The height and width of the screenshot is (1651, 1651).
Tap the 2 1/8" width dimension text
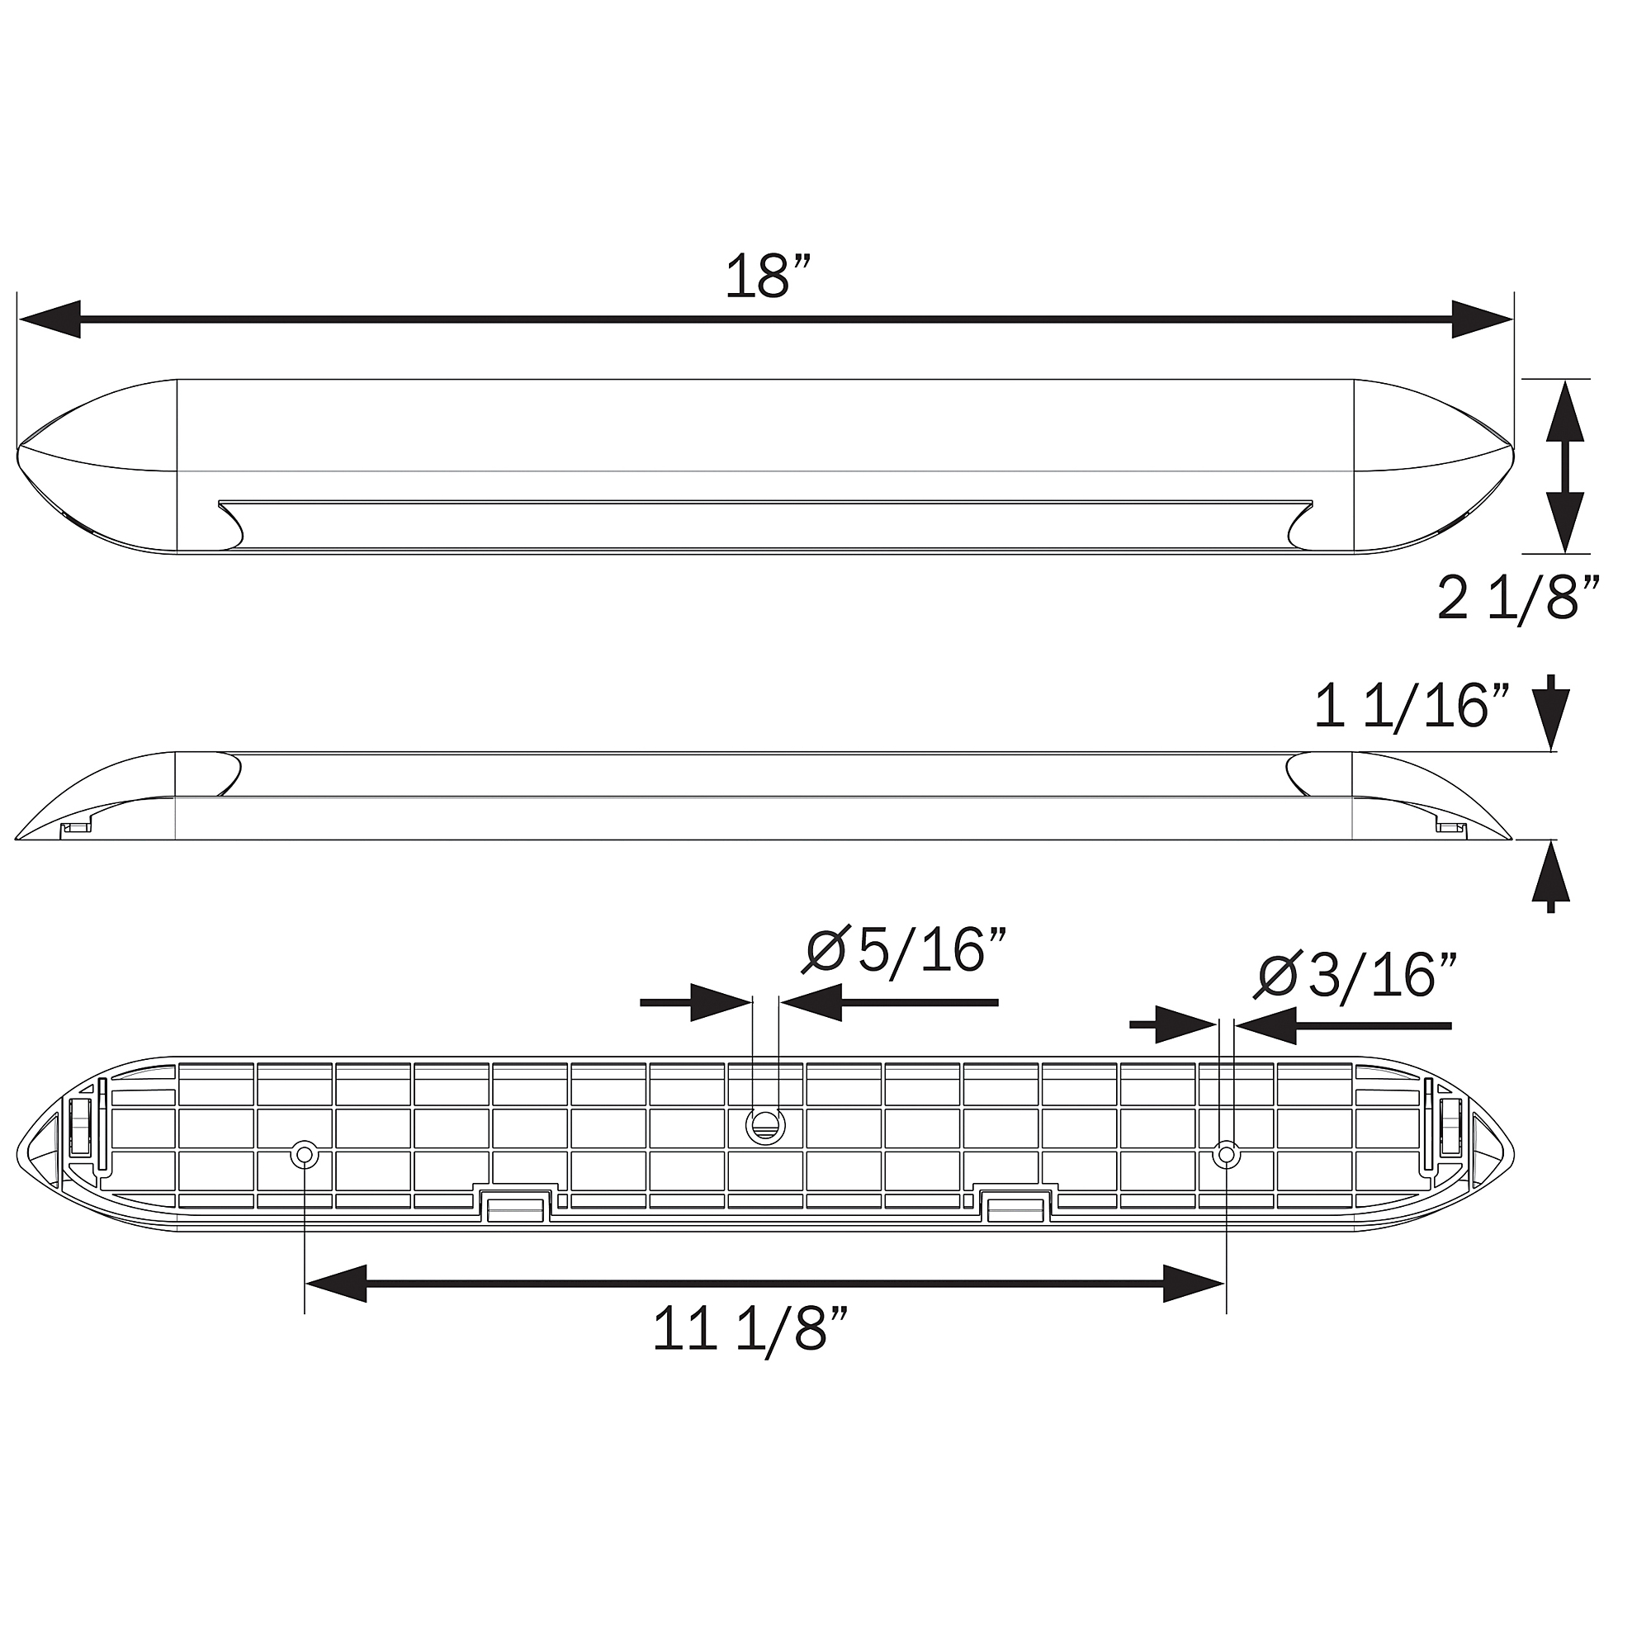pyautogui.click(x=1519, y=598)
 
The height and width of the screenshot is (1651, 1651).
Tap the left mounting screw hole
pyautogui.click(x=305, y=1156)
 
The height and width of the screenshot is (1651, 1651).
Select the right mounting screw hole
pyautogui.click(x=1227, y=1156)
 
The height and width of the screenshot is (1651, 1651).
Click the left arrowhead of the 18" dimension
pyautogui.click(x=50, y=319)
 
